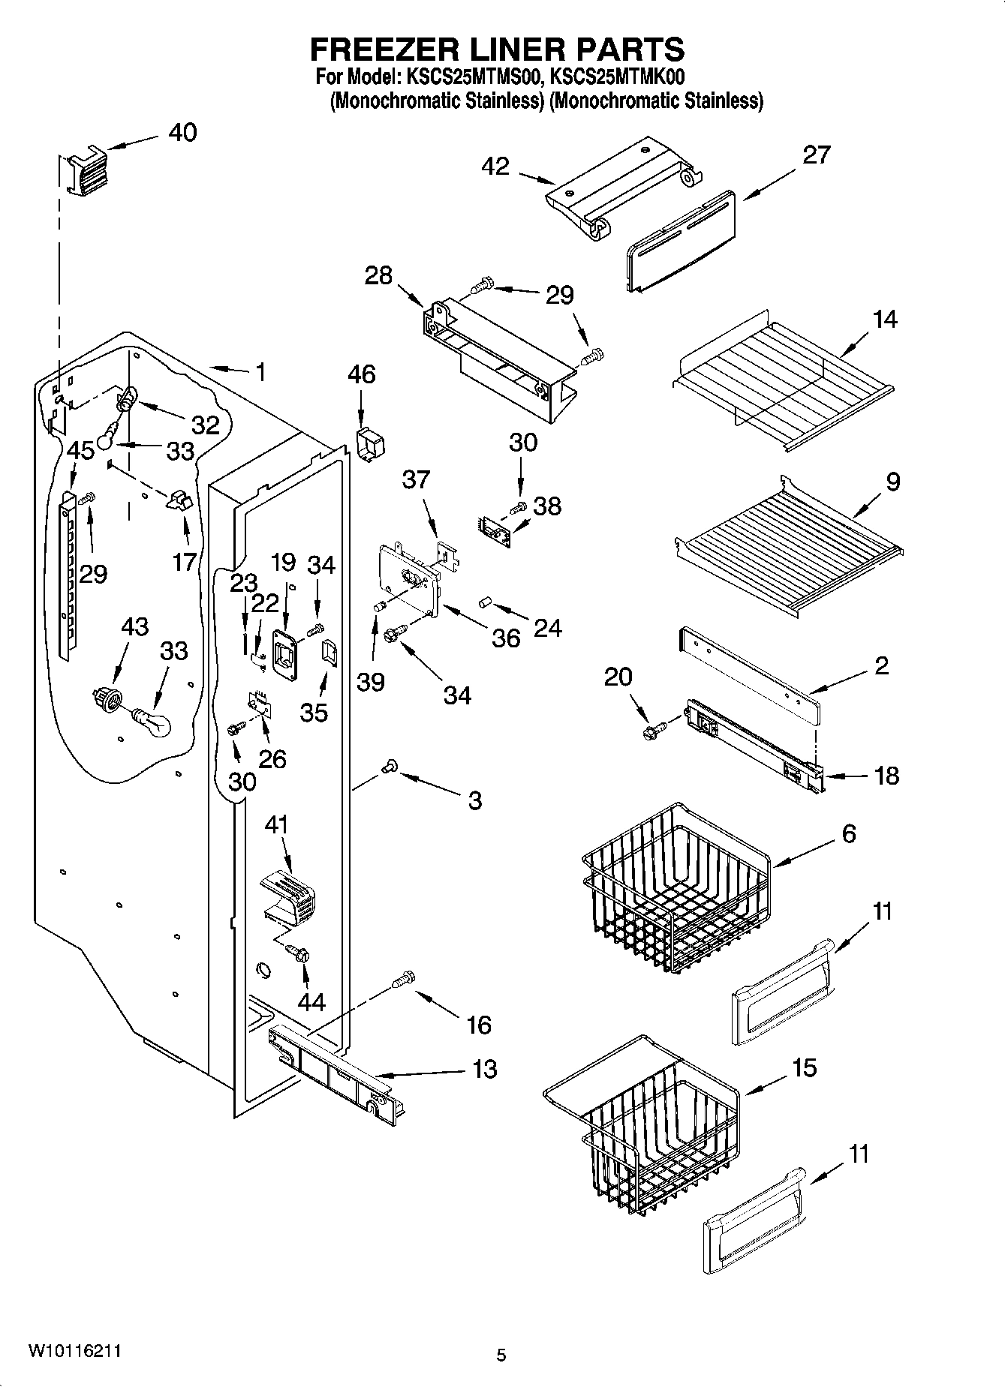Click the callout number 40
tap(182, 133)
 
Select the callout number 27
tap(817, 155)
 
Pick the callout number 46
tap(362, 374)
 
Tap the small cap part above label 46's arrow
tap(369, 443)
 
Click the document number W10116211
tap(74, 1351)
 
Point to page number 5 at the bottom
tap(501, 1355)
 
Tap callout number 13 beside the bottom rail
tap(485, 1069)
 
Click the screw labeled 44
tap(300, 954)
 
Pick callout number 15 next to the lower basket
tap(805, 1067)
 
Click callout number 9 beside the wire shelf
tap(892, 482)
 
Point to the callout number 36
tap(506, 638)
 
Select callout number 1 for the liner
tap(260, 372)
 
